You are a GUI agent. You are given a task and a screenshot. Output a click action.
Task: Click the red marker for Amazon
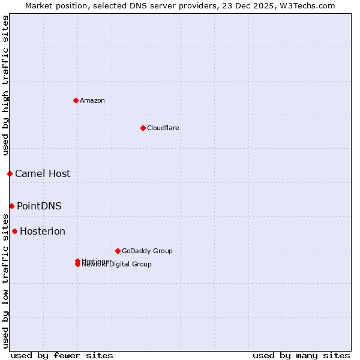(76, 100)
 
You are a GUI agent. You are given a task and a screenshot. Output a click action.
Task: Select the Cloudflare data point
(143, 128)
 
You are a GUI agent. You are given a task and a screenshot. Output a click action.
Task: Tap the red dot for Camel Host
(10, 173)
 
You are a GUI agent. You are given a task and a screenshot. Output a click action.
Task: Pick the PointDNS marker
(11, 206)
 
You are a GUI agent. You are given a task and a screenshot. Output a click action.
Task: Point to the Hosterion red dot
(14, 231)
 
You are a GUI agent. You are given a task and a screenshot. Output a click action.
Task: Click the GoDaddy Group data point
(118, 251)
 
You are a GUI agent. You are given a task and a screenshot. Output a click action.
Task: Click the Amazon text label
(92, 100)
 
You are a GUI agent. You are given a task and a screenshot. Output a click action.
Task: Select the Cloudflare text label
(163, 128)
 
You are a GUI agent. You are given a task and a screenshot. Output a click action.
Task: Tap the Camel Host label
(43, 173)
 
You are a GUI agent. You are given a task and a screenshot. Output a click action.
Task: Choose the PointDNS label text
(39, 206)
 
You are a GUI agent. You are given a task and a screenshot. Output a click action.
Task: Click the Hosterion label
(43, 231)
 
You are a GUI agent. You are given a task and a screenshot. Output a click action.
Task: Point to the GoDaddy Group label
(147, 251)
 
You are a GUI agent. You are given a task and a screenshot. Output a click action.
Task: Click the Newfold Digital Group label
(118, 265)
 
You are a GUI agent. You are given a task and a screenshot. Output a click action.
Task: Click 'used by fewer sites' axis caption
(62, 355)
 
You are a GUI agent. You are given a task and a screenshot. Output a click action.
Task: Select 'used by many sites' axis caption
(301, 355)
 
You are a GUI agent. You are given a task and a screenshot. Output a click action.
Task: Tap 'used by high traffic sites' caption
(5, 85)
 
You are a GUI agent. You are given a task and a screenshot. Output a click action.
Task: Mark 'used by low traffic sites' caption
(5, 280)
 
